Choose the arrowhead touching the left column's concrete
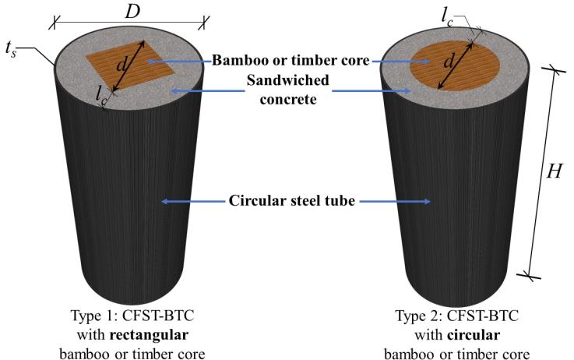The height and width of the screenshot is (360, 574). coord(173,92)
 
